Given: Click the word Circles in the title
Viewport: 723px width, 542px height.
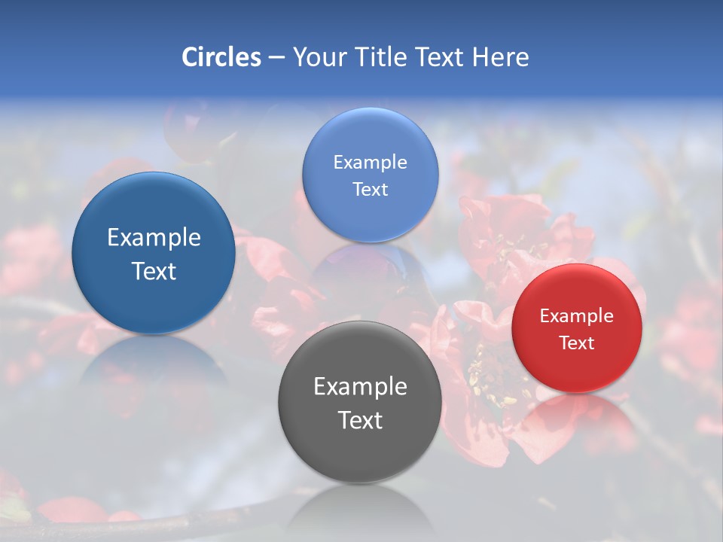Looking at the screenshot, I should [221, 57].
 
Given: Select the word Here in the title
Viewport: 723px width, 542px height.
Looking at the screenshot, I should [501, 57].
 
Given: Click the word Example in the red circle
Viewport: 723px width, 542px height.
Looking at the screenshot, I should [576, 316].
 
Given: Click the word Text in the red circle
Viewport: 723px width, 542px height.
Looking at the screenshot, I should [577, 343].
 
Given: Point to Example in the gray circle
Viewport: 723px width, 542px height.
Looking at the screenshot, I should [360, 387].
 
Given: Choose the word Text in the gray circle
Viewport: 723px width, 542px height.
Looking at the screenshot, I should [360, 420].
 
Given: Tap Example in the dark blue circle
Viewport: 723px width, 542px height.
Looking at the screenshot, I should [154, 238].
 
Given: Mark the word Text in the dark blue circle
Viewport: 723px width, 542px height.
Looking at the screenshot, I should [154, 271].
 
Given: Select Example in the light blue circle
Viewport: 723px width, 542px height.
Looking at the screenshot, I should [370, 163].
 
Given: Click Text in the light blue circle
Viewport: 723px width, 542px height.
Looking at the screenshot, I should [370, 190].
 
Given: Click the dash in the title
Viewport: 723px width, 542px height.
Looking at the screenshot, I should [276, 57].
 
